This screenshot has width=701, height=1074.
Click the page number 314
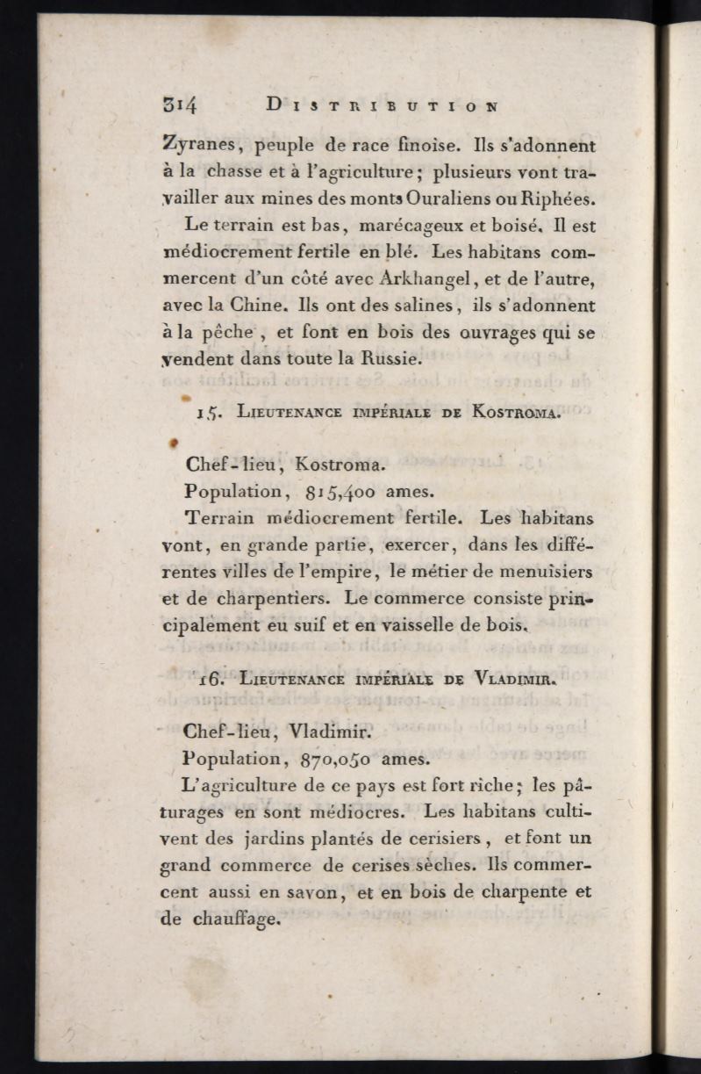(180, 105)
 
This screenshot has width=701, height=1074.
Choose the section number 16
(208, 679)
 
